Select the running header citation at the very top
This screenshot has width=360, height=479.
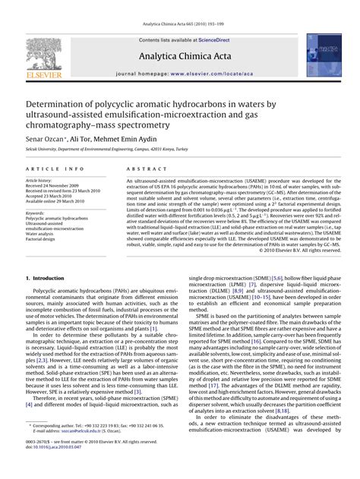(x=180, y=6)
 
